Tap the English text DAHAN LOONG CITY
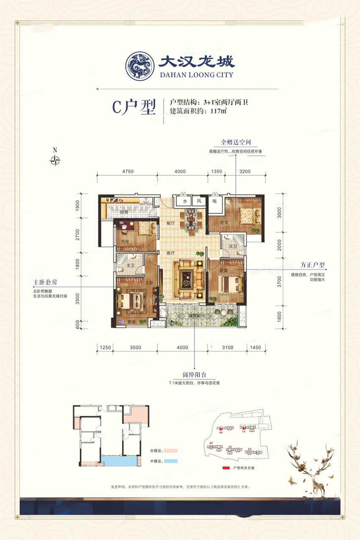pos(196,75)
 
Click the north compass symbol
pos(55,161)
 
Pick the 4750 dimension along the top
pos(127,172)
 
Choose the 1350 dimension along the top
pos(216,172)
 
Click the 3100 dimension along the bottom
pos(227,348)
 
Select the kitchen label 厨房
pos(123,212)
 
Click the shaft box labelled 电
pos(215,202)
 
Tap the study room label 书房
pos(125,242)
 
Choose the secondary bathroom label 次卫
pos(232,246)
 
